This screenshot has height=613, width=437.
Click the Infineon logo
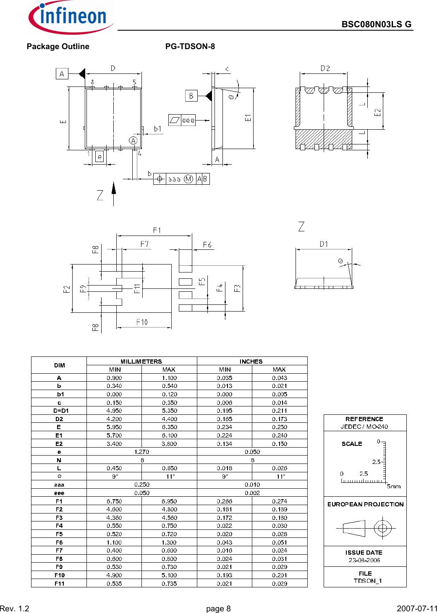[70, 18]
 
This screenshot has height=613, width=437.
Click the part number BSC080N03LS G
[376, 24]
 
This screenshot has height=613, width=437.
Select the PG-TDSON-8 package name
[190, 47]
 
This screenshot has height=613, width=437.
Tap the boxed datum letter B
[191, 96]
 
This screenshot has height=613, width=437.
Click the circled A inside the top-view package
[133, 140]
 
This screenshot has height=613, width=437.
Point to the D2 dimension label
[325, 68]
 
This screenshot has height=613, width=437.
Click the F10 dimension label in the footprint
[142, 322]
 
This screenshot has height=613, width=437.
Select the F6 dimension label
[207, 244]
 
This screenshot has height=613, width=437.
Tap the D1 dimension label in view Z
[324, 244]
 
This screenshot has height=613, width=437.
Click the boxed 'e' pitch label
[99, 157]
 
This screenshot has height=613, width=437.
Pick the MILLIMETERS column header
[141, 361]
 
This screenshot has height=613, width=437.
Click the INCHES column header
[251, 361]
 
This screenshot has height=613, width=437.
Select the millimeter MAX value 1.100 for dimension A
[169, 378]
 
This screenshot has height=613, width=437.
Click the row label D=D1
[59, 411]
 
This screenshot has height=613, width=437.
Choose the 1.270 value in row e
[141, 452]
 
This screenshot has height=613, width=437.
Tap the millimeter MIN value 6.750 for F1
[114, 501]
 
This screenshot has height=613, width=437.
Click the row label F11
[59, 584]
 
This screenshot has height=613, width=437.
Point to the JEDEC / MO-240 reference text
[364, 427]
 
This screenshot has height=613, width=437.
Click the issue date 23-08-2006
[364, 560]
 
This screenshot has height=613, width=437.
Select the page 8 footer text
[218, 608]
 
